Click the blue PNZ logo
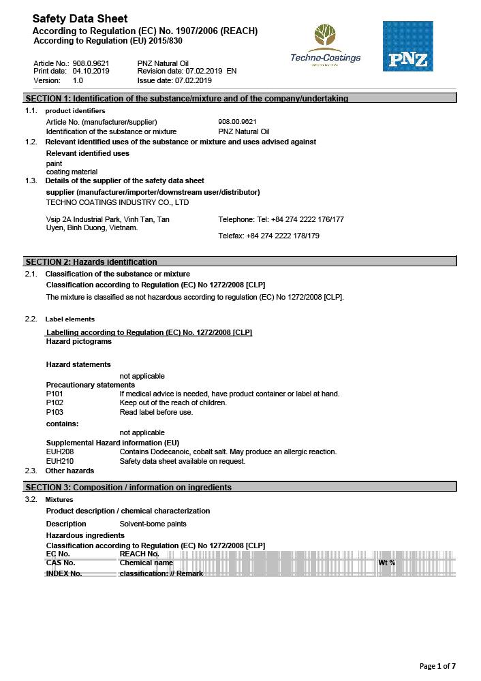pos(407,46)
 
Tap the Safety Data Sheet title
pos(80,18)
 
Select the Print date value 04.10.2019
pos(91,71)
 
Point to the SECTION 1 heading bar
pos(240,98)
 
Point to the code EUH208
pos(59,452)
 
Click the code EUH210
pos(59,461)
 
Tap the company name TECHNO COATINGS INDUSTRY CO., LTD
pos(117,202)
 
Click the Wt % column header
pos(387,563)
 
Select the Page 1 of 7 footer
pos(437,665)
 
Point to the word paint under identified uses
pos(54,163)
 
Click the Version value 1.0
pos(78,80)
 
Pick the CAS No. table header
pos(61,563)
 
